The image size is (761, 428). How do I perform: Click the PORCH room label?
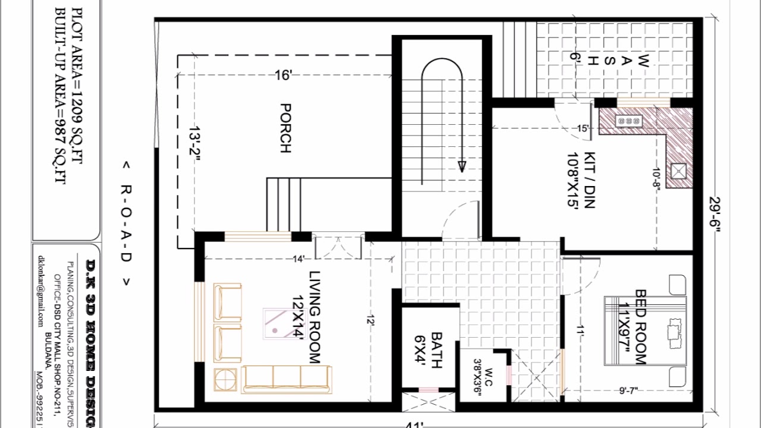tap(285, 128)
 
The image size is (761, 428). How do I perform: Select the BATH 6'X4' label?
tap(429, 351)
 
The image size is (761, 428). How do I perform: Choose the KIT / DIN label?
tap(583, 187)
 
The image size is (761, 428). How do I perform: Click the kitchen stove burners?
tap(629, 121)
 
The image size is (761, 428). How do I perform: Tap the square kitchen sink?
tap(680, 172)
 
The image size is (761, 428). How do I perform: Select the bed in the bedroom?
tap(645, 331)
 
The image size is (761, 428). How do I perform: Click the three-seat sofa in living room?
tap(287, 379)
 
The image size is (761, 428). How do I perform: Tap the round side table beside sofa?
tap(225, 379)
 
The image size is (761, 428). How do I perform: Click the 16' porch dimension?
tap(283, 75)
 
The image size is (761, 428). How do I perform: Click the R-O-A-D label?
tap(126, 222)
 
